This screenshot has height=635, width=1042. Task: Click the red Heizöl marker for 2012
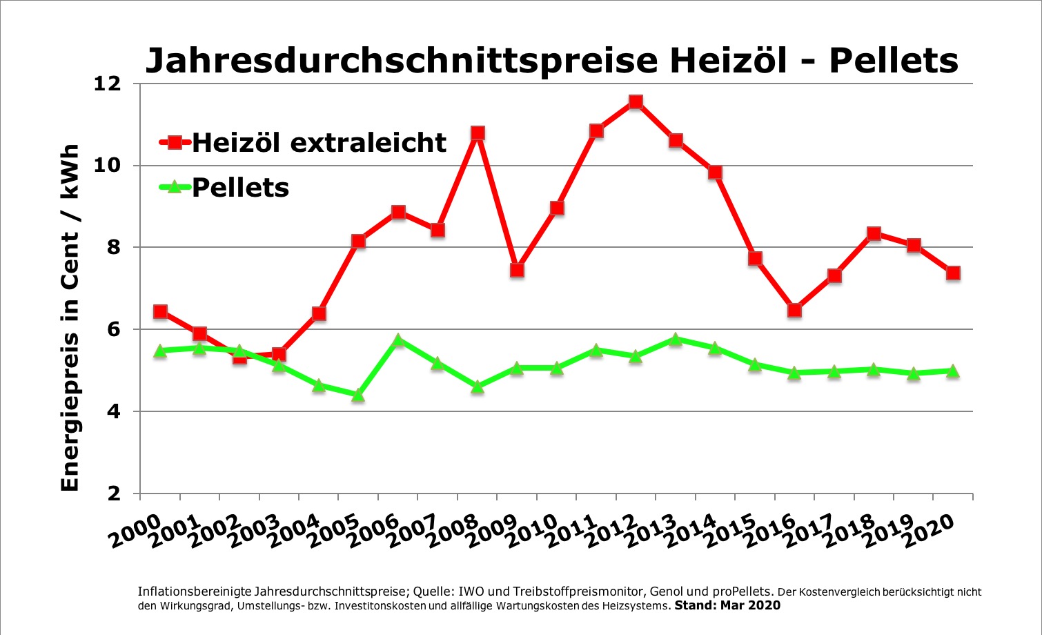pos(636,102)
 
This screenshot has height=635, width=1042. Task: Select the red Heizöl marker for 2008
pos(478,133)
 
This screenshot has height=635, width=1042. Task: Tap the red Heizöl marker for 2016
pos(794,310)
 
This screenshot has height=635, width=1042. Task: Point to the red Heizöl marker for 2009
pos(517,271)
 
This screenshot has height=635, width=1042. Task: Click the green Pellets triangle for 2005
pos(358,395)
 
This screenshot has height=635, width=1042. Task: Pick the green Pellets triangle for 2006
pos(397,340)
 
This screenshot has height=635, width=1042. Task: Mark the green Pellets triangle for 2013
pos(676,339)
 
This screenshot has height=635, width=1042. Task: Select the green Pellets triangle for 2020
pos(953,371)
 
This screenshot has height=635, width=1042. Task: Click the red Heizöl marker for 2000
pos(160,312)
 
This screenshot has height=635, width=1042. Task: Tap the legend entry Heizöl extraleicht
pos(303,142)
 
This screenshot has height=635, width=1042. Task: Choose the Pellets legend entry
pos(224,188)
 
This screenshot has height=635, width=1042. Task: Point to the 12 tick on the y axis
pos(108,84)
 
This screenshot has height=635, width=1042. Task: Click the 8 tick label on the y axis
pos(114,248)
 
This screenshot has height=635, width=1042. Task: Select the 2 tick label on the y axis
pos(114,494)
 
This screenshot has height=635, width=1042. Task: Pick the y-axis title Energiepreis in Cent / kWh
pos(70,317)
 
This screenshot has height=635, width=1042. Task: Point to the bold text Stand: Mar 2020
pos(727,605)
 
